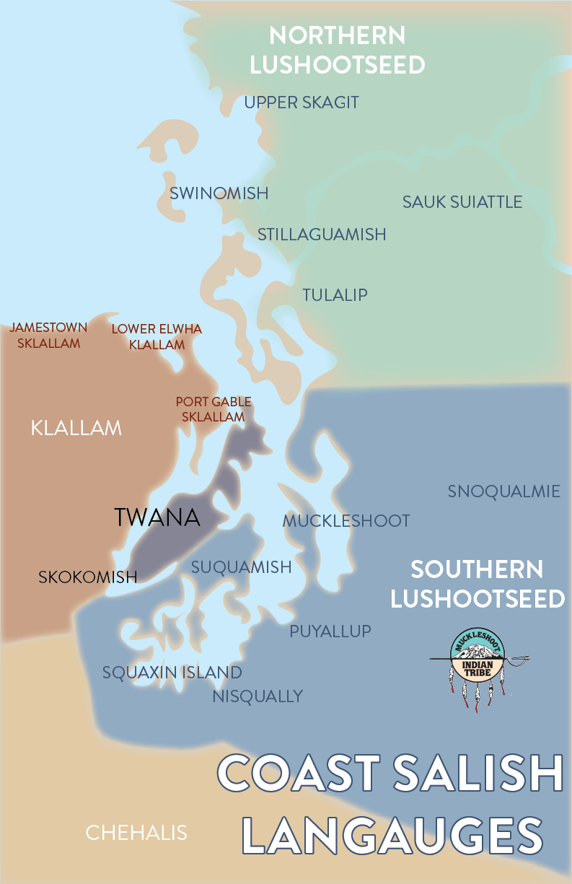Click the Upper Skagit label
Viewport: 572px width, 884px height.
tap(301, 102)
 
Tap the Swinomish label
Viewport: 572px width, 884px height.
tap(219, 193)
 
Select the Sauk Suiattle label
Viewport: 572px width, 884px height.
tap(462, 202)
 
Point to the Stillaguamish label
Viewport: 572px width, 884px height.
tap(322, 235)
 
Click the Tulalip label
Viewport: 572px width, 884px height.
tap(335, 295)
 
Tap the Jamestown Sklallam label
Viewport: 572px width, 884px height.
tap(48, 336)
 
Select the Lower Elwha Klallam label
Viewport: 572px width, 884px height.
tap(157, 337)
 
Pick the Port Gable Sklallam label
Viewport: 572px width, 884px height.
tap(214, 409)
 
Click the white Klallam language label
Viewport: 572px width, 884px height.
tap(76, 429)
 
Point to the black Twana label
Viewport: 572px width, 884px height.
tap(157, 517)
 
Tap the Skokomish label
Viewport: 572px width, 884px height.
tap(87, 577)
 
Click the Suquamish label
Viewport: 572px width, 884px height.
tap(241, 567)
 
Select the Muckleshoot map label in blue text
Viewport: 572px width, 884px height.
tap(346, 521)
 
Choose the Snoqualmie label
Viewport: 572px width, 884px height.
tap(503, 491)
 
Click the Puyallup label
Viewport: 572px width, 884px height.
tap(330, 631)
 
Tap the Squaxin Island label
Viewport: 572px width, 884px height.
tap(172, 673)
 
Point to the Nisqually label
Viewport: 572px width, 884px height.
tap(258, 696)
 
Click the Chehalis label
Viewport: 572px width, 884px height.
tap(136, 833)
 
